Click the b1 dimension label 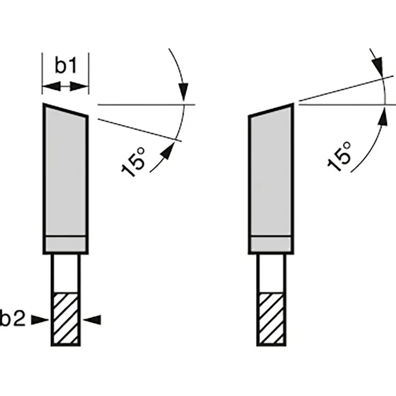coord(66,65)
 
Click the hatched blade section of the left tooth coord(66,318)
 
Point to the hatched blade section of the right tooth coord(271,318)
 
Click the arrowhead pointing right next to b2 coord(40,320)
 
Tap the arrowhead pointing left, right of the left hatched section coord(92,320)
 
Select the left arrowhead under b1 coord(51,86)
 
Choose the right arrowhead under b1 coord(79,86)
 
